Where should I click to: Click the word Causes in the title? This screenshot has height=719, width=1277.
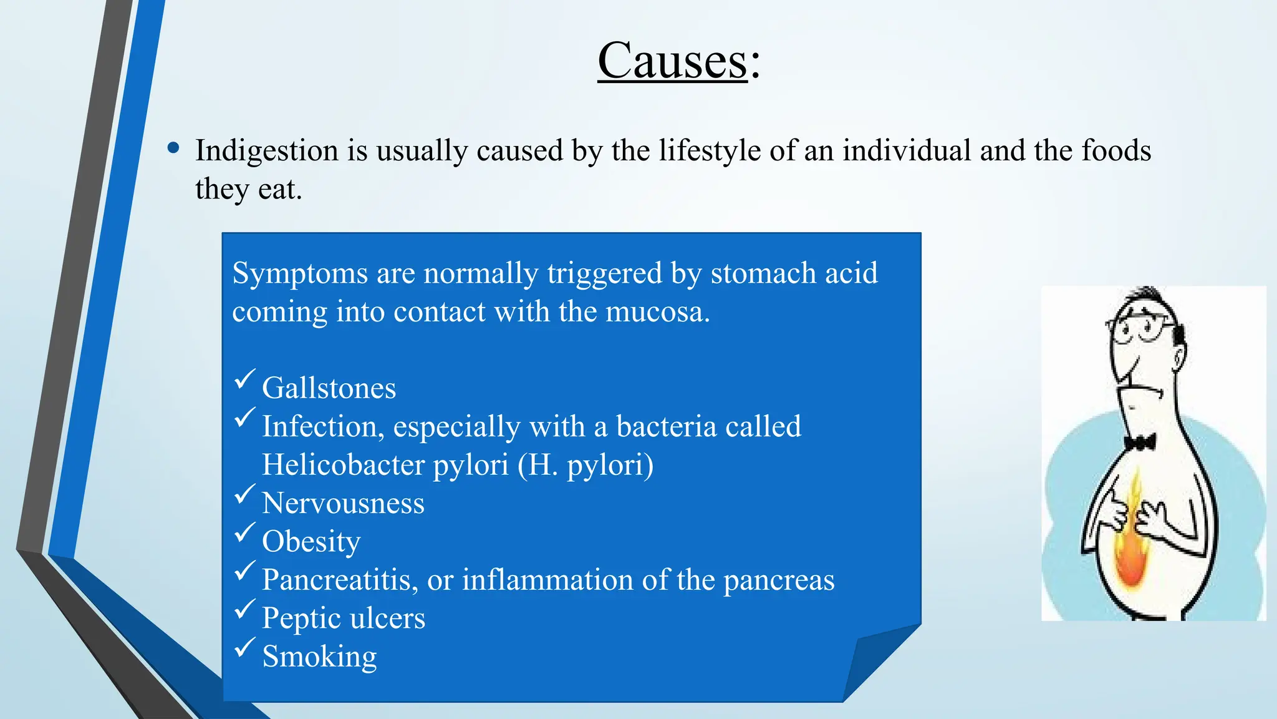point(672,61)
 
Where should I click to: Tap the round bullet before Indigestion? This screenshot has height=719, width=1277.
point(173,149)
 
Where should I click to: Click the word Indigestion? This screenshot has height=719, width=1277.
point(267,151)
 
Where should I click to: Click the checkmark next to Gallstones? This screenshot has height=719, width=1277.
point(244,379)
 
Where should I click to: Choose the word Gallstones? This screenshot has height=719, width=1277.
point(329,388)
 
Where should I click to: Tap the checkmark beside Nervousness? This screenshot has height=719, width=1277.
point(244,494)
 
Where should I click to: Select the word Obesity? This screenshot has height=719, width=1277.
point(311,542)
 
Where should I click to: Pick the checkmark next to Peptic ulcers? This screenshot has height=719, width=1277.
point(244,609)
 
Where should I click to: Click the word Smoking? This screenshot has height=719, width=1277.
point(319,657)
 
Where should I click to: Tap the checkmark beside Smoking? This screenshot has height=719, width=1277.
point(244,647)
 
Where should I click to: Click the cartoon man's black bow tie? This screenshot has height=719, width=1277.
point(1140,443)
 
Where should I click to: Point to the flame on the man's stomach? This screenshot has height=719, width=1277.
point(1130,549)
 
